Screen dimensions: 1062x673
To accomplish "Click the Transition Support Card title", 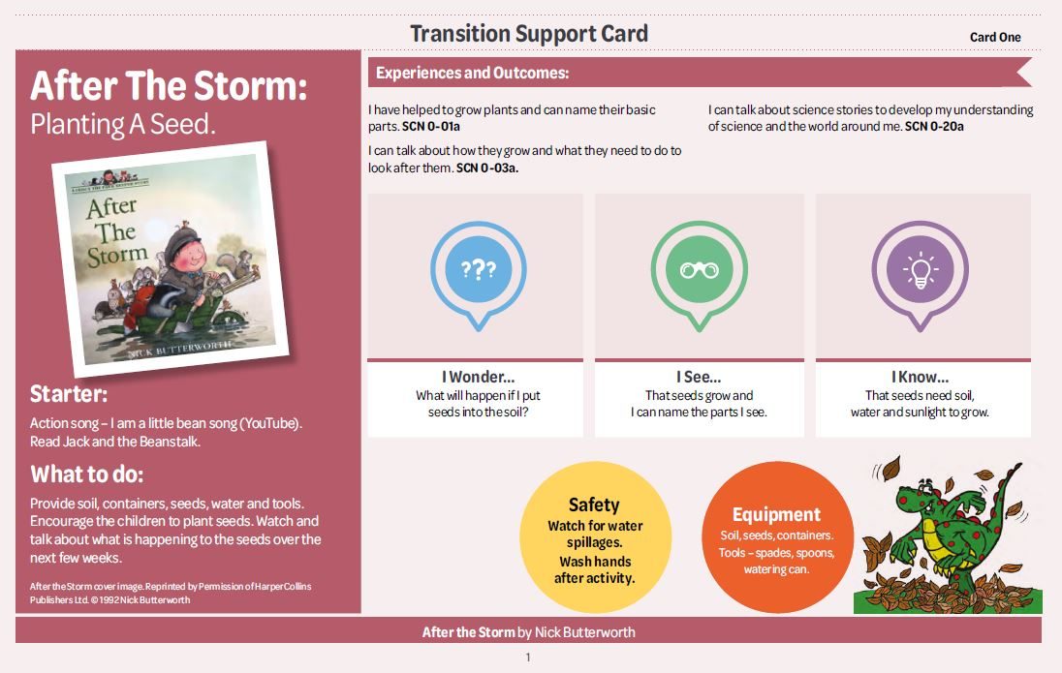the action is [x=529, y=34].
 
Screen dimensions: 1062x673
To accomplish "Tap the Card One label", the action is [x=995, y=37].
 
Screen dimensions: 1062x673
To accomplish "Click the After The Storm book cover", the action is [x=171, y=260].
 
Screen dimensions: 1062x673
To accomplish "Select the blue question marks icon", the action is [x=478, y=275].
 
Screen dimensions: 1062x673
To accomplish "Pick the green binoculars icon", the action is [x=699, y=275].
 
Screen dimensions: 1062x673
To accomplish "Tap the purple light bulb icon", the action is [x=920, y=275].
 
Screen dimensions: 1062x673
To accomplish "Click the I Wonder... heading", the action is [x=478, y=377].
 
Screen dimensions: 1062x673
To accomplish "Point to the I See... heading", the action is [x=699, y=377].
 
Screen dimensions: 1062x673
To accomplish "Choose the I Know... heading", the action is [x=920, y=377].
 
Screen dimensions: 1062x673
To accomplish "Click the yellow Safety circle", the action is [x=595, y=536].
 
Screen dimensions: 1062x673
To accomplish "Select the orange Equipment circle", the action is [x=777, y=536].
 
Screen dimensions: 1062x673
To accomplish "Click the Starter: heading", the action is [x=69, y=394].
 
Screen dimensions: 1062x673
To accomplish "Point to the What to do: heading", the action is [x=86, y=474].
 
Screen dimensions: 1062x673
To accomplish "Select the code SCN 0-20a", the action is [x=934, y=127].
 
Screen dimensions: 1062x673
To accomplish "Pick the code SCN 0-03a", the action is [x=487, y=168].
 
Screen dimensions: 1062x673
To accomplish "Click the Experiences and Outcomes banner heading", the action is [x=472, y=74].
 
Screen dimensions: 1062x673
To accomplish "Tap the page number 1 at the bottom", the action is [x=528, y=657].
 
